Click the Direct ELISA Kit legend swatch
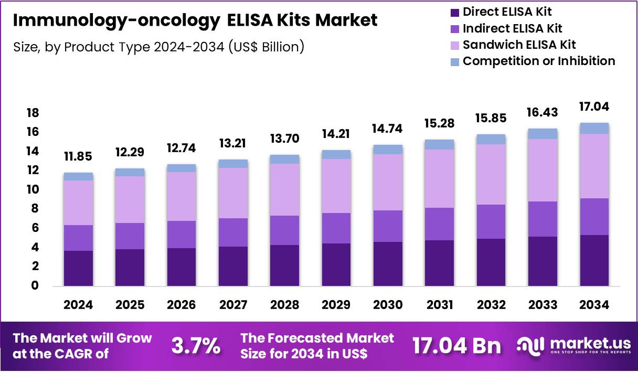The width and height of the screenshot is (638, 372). (x=454, y=12)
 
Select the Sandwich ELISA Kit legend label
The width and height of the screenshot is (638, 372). (x=519, y=44)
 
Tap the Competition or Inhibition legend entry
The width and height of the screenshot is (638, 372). (x=538, y=61)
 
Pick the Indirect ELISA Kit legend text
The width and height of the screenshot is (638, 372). (x=513, y=28)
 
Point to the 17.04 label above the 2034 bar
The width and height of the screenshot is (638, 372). (x=594, y=108)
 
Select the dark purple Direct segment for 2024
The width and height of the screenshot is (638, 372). (x=78, y=268)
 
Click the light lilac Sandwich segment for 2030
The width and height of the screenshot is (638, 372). (x=388, y=182)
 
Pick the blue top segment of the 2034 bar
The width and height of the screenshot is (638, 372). (x=594, y=128)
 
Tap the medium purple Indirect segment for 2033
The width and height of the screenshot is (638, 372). (x=543, y=219)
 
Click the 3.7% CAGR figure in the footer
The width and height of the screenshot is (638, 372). (x=196, y=346)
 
